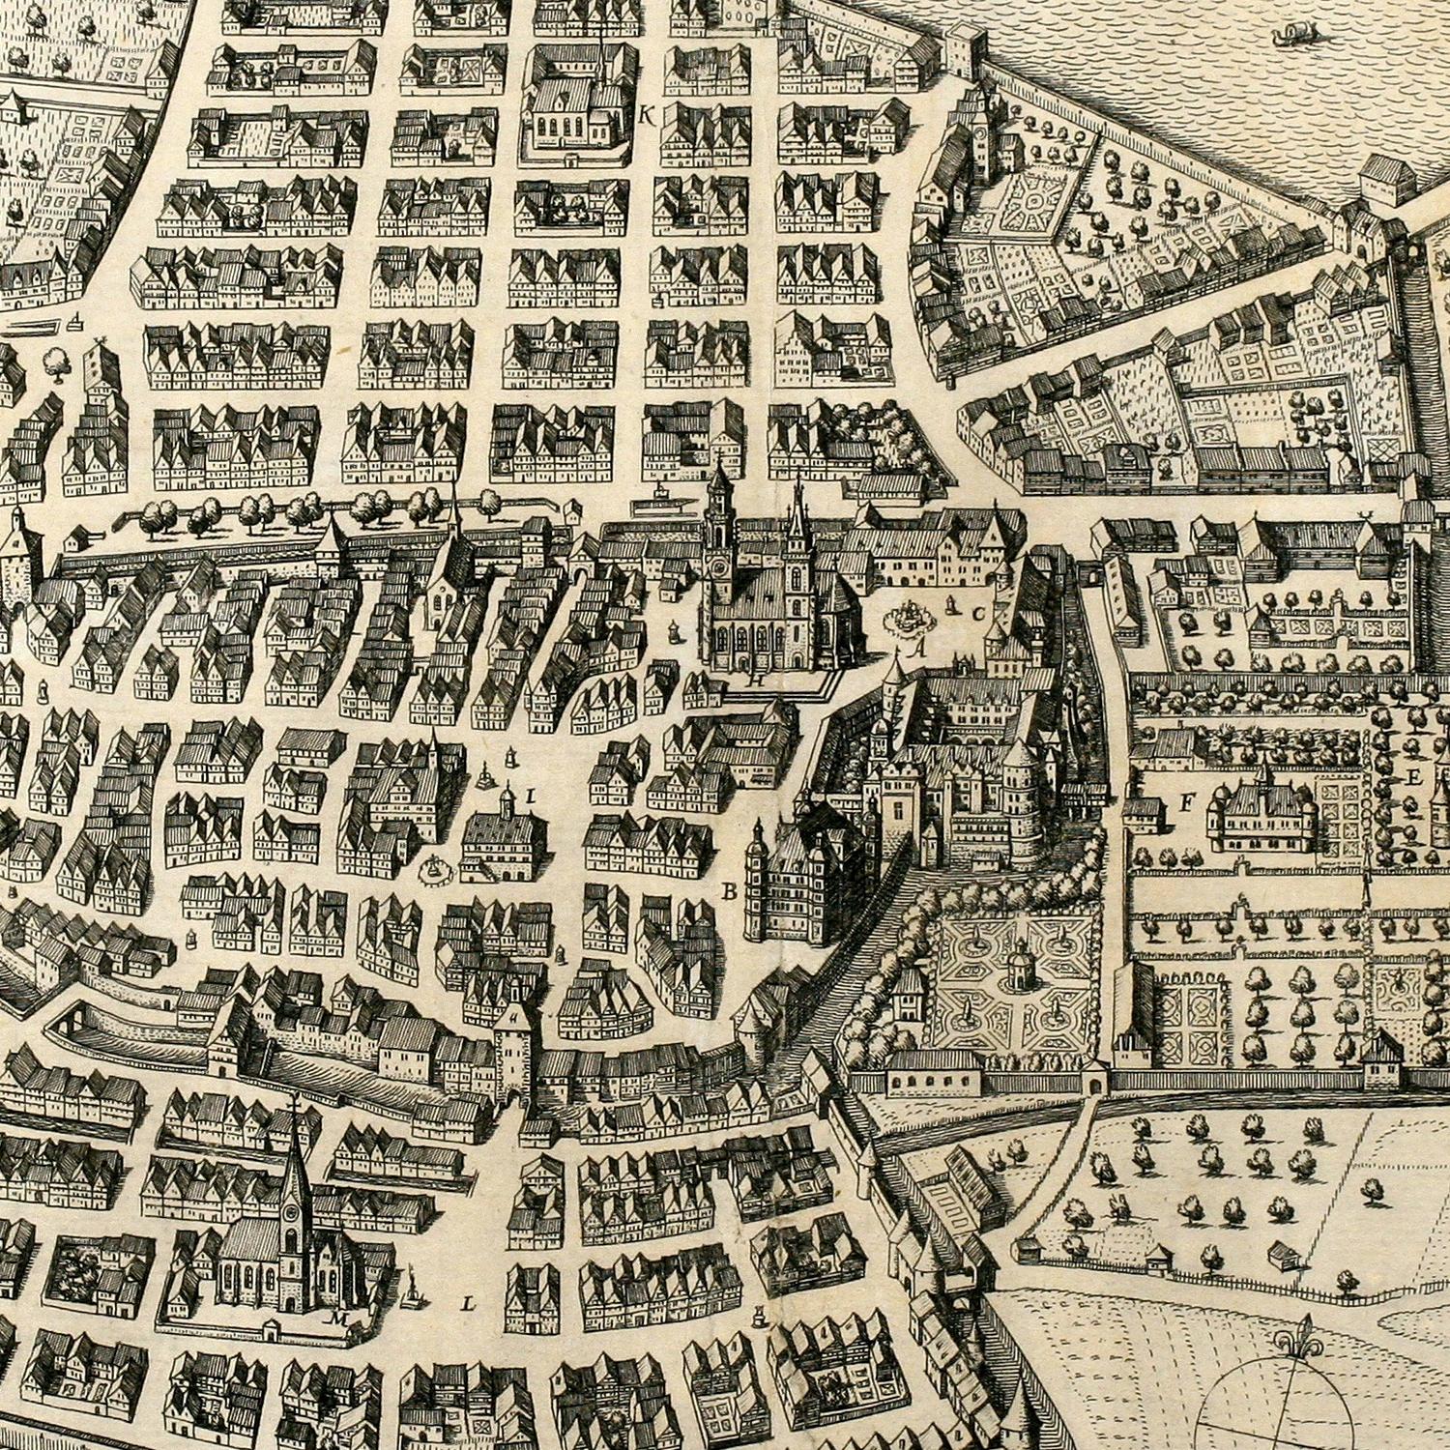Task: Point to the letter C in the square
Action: [978, 612]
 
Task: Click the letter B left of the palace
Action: [728, 891]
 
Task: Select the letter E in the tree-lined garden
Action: [1414, 776]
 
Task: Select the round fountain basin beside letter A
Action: [908, 618]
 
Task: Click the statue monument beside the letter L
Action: [418, 1290]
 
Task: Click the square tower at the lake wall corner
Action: [963, 50]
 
